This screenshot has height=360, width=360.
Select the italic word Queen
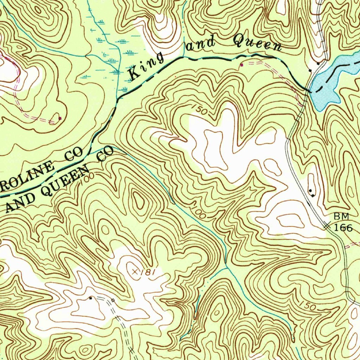click(258, 44)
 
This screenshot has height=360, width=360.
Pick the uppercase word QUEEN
click(67, 179)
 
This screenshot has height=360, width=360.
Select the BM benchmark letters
click(341, 216)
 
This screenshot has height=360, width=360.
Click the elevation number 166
click(343, 228)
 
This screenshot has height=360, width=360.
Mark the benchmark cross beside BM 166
click(327, 227)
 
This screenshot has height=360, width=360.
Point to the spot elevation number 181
click(148, 272)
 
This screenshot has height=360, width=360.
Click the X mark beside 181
click(135, 271)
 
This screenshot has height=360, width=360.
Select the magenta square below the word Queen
click(241, 65)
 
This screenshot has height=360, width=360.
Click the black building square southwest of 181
click(91, 298)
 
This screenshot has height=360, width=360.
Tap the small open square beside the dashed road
click(112, 300)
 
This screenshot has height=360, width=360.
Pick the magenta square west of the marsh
click(60, 118)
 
